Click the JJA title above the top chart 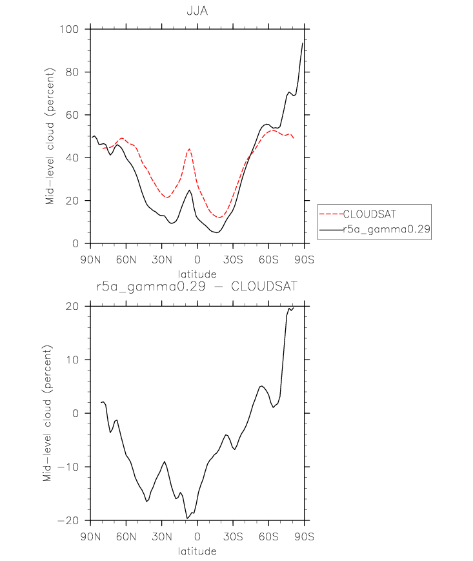[197, 11]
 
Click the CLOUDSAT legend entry [369, 214]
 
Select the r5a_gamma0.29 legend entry [387, 229]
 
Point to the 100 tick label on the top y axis [69, 29]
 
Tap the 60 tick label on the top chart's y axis [72, 115]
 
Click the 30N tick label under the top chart [161, 260]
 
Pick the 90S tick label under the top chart [304, 260]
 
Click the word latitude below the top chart [197, 274]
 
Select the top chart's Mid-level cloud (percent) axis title [50, 136]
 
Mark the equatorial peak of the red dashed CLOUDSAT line [189, 149]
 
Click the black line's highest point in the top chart [303, 43]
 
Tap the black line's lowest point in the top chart [217, 232]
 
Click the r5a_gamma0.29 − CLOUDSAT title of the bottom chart [197, 286]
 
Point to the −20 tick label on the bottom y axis [68, 520]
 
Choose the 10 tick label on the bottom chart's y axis [72, 360]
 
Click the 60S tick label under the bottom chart [268, 536]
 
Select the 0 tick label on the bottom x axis [197, 536]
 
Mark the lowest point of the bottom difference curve [187, 518]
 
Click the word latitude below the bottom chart [197, 551]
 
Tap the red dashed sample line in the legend [332, 214]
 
